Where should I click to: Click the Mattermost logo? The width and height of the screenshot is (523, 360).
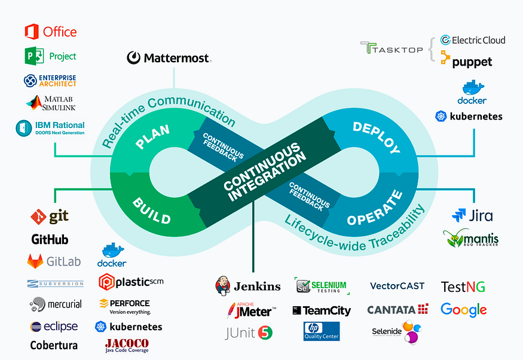[x=169, y=58]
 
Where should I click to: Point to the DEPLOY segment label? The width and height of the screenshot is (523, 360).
[x=376, y=136]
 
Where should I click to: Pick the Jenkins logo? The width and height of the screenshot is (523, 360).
[x=247, y=286]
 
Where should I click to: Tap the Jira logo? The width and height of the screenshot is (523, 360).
[x=472, y=215]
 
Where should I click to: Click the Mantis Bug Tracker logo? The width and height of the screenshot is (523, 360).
[x=470, y=239]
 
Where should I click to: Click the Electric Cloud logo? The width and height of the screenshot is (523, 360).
[x=472, y=40]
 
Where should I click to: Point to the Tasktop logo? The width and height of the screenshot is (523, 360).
[x=392, y=48]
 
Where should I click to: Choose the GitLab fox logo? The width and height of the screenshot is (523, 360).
[x=36, y=261]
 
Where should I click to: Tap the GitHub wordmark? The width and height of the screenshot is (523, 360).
[x=50, y=240]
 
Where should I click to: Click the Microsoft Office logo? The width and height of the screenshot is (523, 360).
[x=50, y=31]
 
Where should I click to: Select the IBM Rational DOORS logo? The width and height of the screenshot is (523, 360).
[x=50, y=128]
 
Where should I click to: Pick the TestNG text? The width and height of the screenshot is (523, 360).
[x=463, y=286]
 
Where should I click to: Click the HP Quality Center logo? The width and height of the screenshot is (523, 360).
[x=322, y=331]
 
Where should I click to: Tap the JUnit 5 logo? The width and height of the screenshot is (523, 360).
[x=249, y=332]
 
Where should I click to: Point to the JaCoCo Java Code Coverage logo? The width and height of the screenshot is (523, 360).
[x=126, y=345]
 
